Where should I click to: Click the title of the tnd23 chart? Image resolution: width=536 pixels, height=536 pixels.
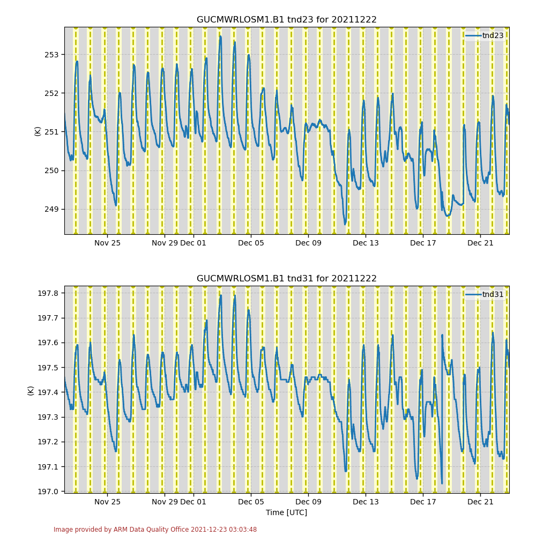point(286,20)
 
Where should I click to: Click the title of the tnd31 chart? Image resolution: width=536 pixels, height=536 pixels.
point(286,279)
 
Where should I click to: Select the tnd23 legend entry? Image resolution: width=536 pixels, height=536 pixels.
point(492,35)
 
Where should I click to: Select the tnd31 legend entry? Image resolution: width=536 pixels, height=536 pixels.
point(492,294)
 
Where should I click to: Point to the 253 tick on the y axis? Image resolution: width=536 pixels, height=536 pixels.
point(51,55)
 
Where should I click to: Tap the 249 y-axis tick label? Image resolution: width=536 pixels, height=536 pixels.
point(51,209)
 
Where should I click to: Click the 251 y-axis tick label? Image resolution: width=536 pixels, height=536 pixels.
point(51,132)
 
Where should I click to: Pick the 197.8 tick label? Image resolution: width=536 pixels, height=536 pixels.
point(48,293)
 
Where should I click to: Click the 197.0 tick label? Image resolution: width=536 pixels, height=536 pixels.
point(48,492)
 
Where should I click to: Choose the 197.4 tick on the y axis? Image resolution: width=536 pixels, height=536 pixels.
point(48,392)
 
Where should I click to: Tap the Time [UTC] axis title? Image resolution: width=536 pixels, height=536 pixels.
point(286,512)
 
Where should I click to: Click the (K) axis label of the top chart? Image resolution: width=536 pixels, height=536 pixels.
point(38,131)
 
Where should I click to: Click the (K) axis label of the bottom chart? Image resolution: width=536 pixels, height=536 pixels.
point(31,390)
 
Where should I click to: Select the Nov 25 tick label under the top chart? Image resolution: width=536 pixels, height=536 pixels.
point(107,243)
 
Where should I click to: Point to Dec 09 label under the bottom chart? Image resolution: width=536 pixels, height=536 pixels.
point(308,502)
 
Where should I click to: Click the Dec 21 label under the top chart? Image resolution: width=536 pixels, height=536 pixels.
point(480,243)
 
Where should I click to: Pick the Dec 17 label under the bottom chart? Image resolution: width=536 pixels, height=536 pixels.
point(423,502)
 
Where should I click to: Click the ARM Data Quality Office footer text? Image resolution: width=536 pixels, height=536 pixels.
point(155,530)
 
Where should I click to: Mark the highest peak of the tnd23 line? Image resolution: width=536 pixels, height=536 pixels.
point(220,36)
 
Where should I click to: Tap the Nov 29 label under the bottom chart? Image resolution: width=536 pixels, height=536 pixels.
point(164,502)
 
